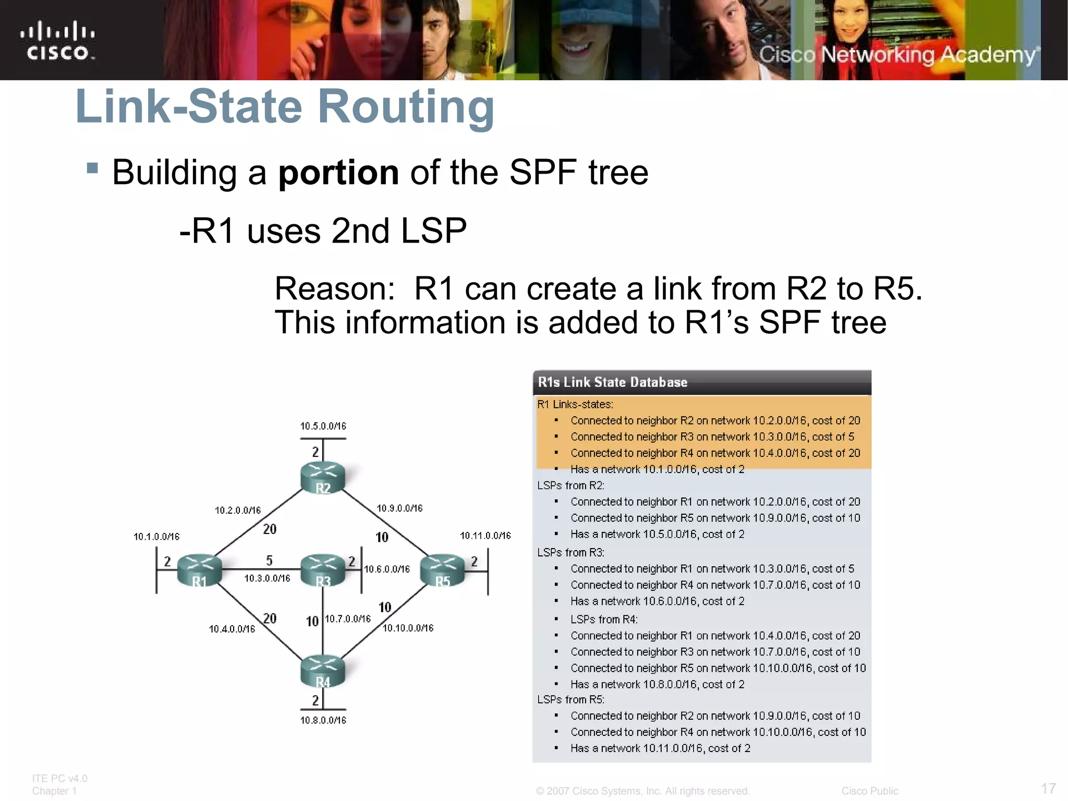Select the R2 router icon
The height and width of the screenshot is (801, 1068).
[x=323, y=477]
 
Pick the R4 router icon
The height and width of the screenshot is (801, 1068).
[x=323, y=671]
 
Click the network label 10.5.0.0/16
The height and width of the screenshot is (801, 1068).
[x=323, y=426]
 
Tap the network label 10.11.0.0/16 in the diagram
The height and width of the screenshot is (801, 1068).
[x=486, y=536]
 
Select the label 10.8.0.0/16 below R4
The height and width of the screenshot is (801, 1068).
[x=323, y=720]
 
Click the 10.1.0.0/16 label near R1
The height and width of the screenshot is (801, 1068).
[x=156, y=537]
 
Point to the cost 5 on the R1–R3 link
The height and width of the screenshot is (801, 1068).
[x=269, y=560]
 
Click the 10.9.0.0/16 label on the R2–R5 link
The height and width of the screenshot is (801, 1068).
[x=400, y=508]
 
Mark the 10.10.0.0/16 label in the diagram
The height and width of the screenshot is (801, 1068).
[x=408, y=628]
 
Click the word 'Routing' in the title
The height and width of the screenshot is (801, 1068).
[x=406, y=106]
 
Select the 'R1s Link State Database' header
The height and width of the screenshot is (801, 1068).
[x=613, y=382]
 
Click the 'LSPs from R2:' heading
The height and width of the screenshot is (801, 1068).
[x=571, y=486]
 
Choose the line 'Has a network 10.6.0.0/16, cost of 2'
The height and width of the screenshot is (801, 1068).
[x=657, y=601]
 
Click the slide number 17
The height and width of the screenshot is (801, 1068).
[x=1048, y=788]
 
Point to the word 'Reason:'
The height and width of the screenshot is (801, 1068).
[x=335, y=288]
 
